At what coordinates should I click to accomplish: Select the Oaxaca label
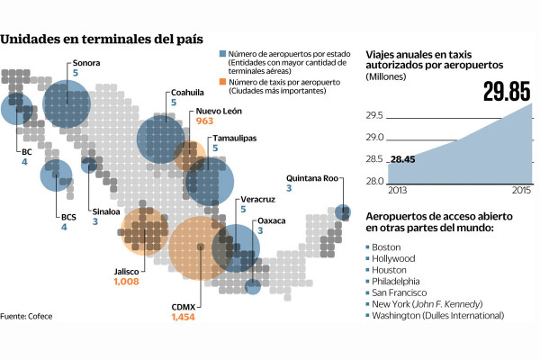tap(273, 220)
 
